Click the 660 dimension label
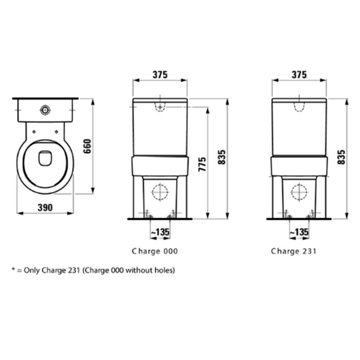coord(87,146)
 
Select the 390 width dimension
coord(45,208)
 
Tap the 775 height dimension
coord(202,165)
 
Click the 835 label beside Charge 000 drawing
coord(222,157)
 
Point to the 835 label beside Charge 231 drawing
coord(341,157)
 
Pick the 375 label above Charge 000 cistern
coord(160,75)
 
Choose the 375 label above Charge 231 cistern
coord(299,75)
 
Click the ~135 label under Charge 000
coord(160,232)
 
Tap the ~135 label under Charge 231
coord(299,232)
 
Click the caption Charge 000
coord(155,251)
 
